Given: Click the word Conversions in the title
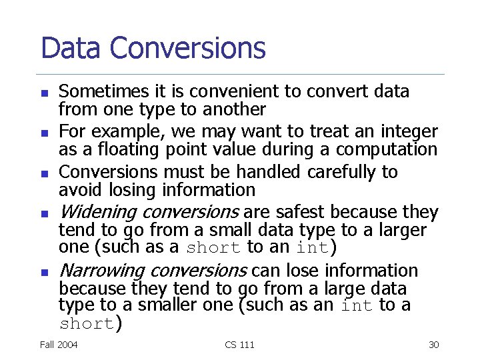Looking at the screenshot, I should click(x=187, y=48).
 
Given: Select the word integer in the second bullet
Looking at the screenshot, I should click(x=408, y=131).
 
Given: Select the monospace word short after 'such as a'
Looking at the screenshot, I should click(x=213, y=249).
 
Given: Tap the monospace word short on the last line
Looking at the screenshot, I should click(x=87, y=325).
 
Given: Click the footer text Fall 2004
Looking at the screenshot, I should click(x=59, y=345).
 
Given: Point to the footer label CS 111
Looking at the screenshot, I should click(x=239, y=345).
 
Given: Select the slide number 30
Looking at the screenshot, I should click(x=433, y=345).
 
